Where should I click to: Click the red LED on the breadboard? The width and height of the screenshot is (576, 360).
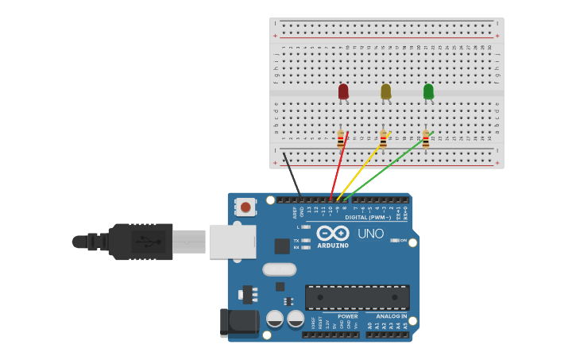click(343, 92)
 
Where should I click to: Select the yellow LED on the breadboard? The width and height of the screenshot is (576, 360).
click(386, 92)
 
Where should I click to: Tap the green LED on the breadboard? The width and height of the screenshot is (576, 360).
click(429, 92)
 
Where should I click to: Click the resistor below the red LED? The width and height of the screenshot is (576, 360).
click(341, 140)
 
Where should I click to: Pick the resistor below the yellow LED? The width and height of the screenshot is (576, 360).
click(383, 140)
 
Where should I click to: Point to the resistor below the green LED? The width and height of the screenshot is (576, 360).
click(426, 140)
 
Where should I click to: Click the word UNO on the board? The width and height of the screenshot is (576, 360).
click(370, 234)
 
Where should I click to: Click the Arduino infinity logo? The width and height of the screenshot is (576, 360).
click(333, 233)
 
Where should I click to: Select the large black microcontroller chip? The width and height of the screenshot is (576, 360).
click(358, 297)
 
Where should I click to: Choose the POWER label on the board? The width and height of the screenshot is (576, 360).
click(347, 316)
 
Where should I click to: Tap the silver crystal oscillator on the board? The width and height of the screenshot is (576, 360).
click(279, 269)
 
